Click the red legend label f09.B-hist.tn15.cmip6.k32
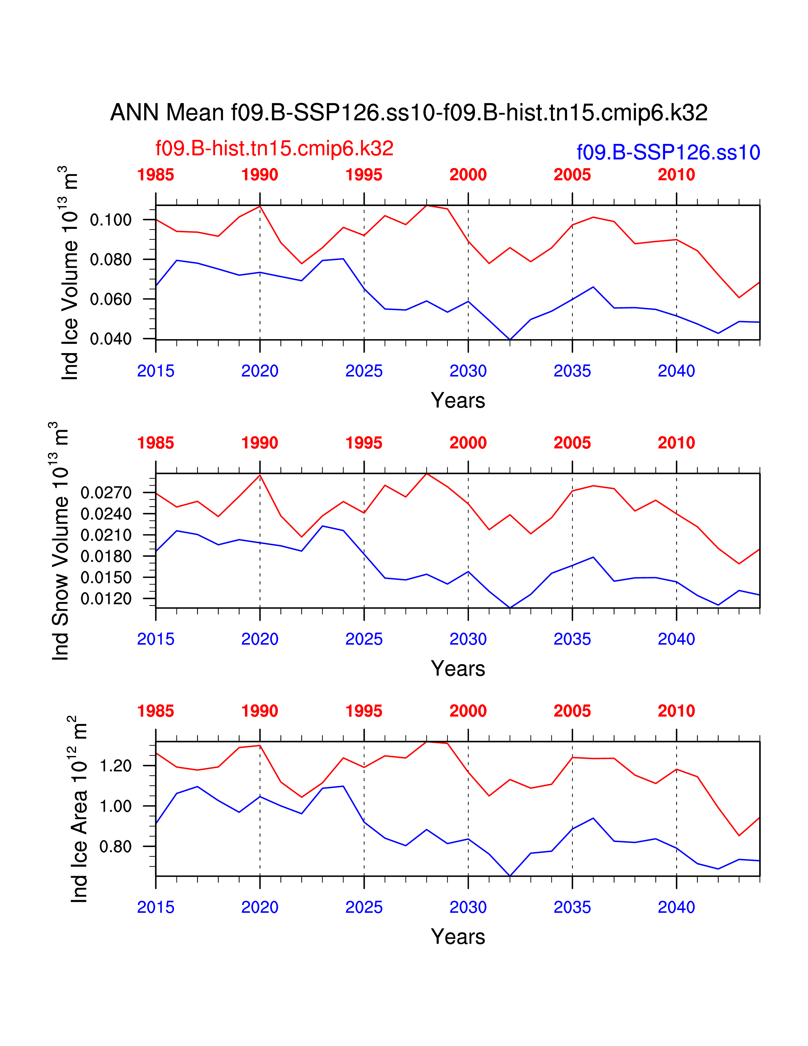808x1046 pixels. (x=274, y=148)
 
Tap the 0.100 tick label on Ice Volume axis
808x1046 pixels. (x=111, y=220)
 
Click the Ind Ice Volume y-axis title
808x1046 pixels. (x=70, y=273)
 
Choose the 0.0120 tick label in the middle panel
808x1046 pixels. (x=106, y=599)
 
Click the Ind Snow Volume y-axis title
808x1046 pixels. (x=60, y=541)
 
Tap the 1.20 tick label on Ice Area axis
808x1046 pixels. (x=115, y=766)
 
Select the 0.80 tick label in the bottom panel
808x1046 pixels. (x=115, y=846)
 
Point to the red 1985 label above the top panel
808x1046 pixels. (x=156, y=175)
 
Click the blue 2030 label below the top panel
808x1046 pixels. (x=468, y=371)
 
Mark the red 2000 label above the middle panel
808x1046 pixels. (x=468, y=443)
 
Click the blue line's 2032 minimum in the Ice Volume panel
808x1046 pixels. (x=510, y=339)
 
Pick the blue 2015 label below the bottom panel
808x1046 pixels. (x=156, y=907)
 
